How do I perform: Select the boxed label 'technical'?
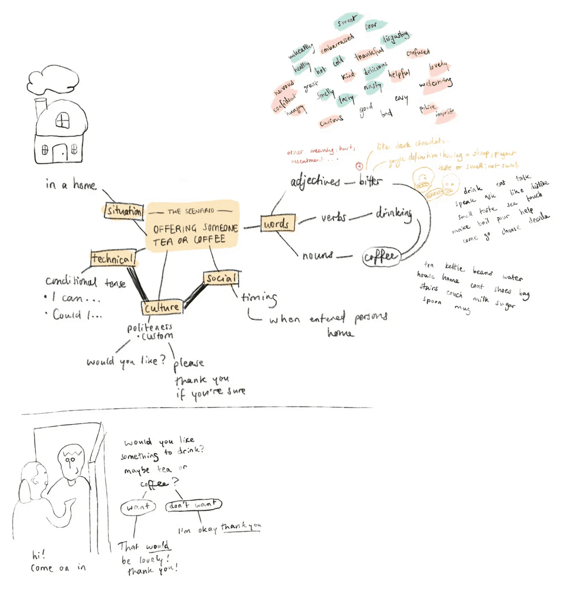113,257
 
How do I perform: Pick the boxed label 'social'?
220,278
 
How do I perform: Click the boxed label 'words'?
277,224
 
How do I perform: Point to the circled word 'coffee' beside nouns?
381,257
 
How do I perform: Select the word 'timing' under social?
258,298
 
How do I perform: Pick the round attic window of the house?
63,121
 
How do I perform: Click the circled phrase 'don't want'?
194,505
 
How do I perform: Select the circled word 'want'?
138,507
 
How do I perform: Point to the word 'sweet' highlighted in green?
348,23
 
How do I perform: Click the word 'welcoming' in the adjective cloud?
436,84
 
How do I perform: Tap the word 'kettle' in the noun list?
454,268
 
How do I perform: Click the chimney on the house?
40,110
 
